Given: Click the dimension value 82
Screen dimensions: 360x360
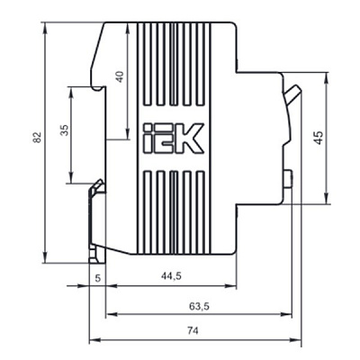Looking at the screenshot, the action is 37,137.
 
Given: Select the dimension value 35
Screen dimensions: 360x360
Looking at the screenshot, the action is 65,130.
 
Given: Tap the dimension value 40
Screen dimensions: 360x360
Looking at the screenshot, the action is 120,76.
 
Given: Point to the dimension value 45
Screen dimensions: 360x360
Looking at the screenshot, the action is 319,138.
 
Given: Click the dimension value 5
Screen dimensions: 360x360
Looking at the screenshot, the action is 98,278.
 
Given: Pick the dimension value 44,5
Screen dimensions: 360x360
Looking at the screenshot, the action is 171,275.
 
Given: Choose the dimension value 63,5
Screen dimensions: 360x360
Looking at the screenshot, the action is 199,306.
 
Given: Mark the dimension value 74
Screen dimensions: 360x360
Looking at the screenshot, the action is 193,331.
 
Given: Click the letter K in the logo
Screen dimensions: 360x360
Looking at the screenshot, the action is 190,138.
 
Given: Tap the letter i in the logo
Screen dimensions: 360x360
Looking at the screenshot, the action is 148,138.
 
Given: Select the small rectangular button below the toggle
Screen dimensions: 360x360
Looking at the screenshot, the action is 288,179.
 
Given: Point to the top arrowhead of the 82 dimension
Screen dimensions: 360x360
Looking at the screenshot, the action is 45,27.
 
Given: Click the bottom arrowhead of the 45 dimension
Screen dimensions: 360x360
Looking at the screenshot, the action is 326,199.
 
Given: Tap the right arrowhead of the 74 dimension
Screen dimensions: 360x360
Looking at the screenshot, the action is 296,340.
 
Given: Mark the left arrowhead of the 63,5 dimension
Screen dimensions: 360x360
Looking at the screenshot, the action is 111,314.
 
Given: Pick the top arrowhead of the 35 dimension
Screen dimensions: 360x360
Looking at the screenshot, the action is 71,93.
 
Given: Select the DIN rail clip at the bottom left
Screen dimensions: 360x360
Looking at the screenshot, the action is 97,221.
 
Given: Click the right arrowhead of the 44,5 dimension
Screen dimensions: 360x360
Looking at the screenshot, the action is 231,286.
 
